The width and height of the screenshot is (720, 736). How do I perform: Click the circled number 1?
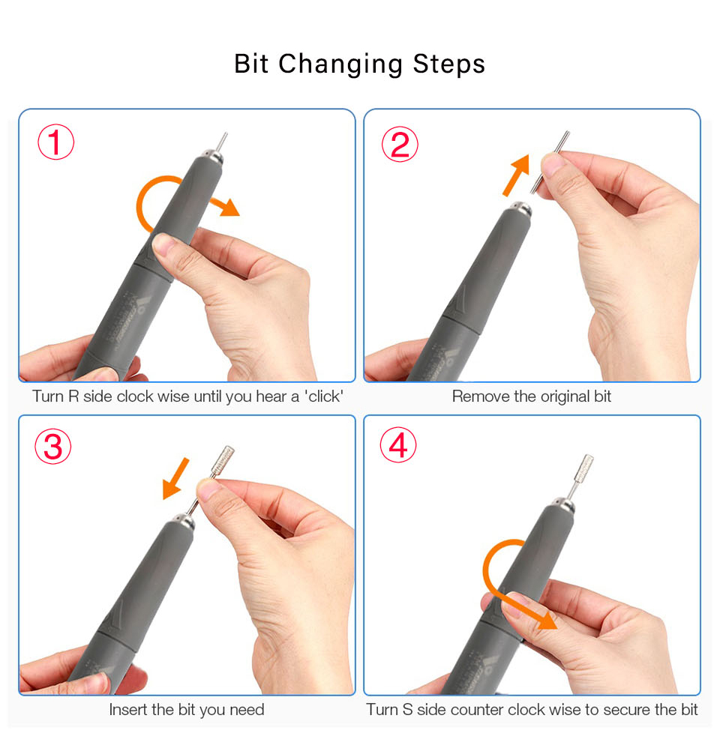[56, 142]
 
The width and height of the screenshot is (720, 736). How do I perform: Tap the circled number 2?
[400, 144]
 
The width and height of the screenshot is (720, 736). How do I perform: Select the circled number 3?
[53, 446]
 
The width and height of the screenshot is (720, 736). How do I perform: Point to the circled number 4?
[398, 444]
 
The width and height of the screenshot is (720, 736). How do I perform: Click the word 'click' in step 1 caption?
[323, 396]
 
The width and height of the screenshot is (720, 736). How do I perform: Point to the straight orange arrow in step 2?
[516, 175]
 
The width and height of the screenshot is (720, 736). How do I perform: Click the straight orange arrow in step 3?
[175, 479]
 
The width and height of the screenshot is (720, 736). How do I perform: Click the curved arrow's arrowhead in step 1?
[229, 207]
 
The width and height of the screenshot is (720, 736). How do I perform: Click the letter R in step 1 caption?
[73, 396]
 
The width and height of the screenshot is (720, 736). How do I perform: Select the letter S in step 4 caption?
[407, 709]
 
